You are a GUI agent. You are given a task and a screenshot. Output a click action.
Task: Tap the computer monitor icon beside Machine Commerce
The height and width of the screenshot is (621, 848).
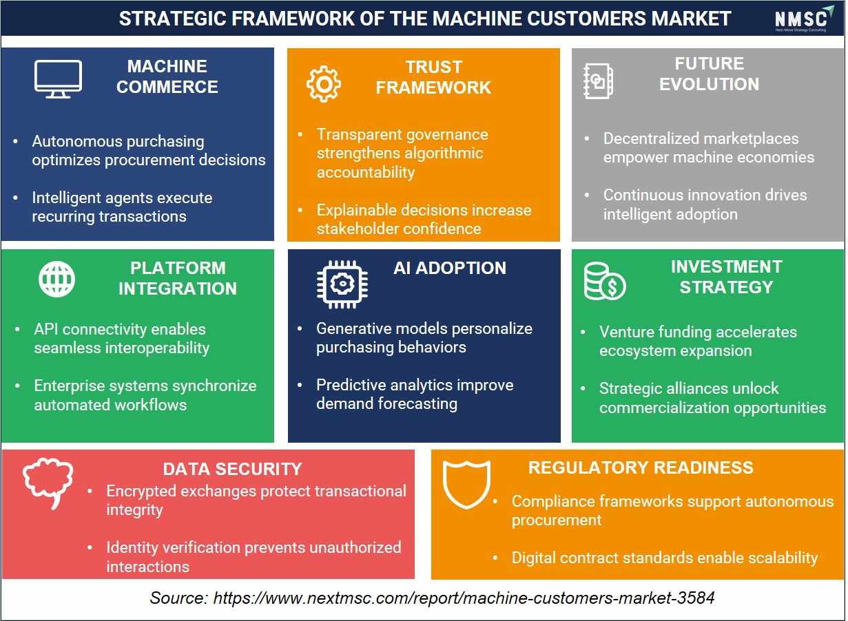(58, 78)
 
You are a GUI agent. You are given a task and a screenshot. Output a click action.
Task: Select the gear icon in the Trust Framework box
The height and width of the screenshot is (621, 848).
(324, 84)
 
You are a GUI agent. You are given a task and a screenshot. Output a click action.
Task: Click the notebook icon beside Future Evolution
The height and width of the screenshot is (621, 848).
(599, 81)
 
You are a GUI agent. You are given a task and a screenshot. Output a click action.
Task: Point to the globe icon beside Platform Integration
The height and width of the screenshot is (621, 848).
(56, 280)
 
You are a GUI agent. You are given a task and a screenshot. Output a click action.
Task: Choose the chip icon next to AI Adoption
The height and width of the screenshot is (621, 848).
(342, 284)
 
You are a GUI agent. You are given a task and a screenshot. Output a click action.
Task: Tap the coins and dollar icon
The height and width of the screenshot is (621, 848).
(605, 282)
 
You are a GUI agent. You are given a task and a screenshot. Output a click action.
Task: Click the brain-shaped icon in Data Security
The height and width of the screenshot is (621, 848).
(48, 483)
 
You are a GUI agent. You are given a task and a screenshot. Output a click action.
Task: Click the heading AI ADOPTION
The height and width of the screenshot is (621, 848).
(450, 269)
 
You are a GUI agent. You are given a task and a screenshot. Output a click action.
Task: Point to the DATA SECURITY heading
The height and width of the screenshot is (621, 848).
(232, 470)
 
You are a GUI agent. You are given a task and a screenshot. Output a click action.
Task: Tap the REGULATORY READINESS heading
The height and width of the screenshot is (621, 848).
(641, 467)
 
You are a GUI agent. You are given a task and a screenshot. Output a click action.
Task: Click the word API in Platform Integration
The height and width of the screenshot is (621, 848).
(46, 330)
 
